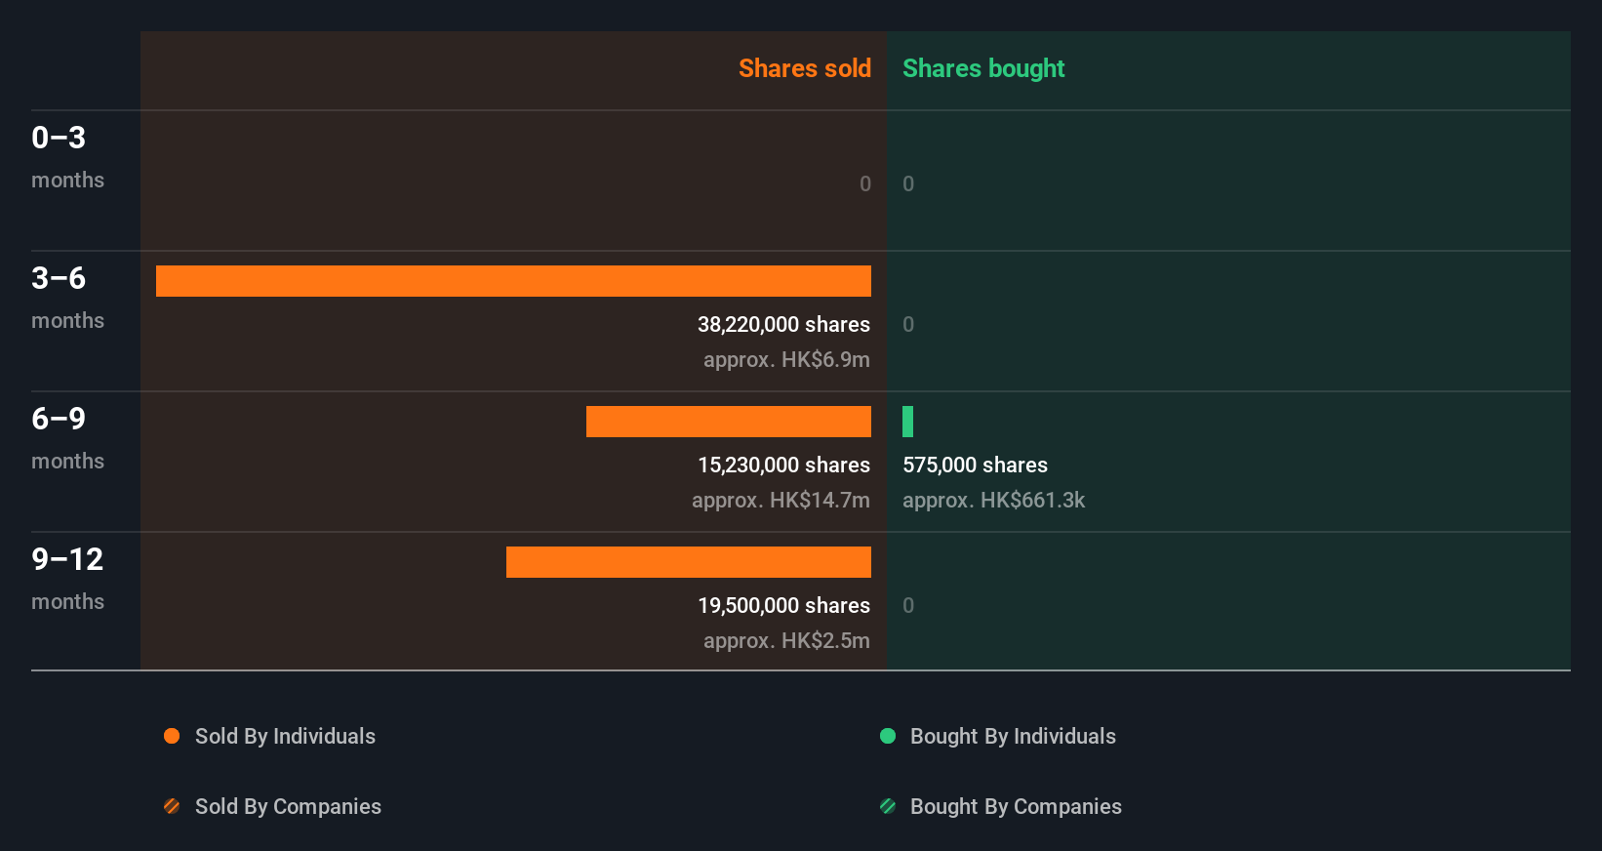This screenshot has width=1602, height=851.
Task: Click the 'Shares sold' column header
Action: pyautogui.click(x=804, y=68)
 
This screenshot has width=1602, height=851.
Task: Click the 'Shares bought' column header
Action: pyautogui.click(x=982, y=68)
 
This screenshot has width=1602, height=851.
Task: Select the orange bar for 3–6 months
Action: pyautogui.click(x=513, y=281)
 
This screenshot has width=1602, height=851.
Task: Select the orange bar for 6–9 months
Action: pyautogui.click(x=728, y=422)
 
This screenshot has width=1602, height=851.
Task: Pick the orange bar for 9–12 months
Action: pyautogui.click(x=688, y=562)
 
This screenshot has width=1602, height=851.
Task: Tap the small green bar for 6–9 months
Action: pyautogui.click(x=907, y=422)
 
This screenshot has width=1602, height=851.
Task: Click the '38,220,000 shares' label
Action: pyautogui.click(x=783, y=324)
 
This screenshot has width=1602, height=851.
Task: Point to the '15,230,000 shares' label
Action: pyautogui.click(x=783, y=465)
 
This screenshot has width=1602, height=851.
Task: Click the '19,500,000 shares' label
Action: pyautogui.click(x=783, y=605)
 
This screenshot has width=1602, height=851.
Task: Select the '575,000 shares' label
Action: pyautogui.click(x=975, y=465)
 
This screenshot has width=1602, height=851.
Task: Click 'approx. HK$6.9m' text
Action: pyautogui.click(x=786, y=359)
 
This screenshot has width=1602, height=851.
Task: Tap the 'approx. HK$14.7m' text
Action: pyautogui.click(x=781, y=500)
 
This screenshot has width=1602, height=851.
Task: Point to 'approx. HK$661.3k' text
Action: pyautogui.click(x=993, y=500)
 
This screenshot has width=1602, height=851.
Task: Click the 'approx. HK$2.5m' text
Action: pyautogui.click(x=786, y=640)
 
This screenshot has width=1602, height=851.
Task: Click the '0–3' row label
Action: pyautogui.click(x=59, y=138)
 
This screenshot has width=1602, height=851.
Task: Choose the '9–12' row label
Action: pyautogui.click(x=67, y=559)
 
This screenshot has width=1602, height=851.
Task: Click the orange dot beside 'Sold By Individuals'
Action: pyautogui.click(x=172, y=736)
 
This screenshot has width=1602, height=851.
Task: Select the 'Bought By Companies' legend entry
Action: pyautogui.click(x=1015, y=806)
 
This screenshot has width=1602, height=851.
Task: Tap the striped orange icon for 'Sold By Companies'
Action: pyautogui.click(x=172, y=806)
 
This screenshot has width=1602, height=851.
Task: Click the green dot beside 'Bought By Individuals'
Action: pyautogui.click(x=888, y=736)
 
